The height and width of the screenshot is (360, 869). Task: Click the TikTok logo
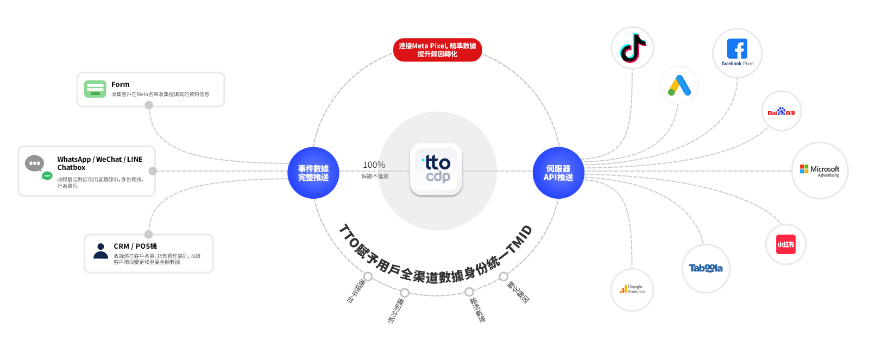(x=632, y=48)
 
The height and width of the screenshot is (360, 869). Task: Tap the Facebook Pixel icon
(x=737, y=49)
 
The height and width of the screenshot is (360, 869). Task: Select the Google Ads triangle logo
(x=679, y=85)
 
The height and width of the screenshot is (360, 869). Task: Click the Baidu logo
(x=781, y=112)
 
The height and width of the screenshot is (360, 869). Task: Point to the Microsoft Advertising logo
(x=819, y=170)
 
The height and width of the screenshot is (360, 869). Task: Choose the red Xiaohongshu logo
(x=785, y=244)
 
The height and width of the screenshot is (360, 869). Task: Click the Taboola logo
(x=706, y=268)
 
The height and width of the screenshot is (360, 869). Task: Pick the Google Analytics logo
(x=632, y=289)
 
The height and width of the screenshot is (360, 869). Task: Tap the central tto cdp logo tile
(x=436, y=169)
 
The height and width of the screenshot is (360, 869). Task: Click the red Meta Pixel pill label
(x=437, y=50)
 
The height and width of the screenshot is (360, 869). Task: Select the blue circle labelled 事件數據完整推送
(x=313, y=173)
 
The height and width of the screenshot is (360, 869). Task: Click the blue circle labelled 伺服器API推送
(x=558, y=173)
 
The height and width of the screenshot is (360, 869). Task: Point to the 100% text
(x=374, y=165)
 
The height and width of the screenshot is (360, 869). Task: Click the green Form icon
(x=95, y=89)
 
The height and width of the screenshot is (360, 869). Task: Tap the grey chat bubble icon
(x=35, y=163)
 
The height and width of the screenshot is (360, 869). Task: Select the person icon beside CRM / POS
(x=100, y=251)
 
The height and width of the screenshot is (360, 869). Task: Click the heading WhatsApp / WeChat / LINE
(x=100, y=159)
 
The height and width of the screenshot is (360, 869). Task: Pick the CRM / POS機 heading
(x=135, y=246)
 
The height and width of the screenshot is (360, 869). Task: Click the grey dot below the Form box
(x=149, y=105)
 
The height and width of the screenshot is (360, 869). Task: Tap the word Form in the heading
(x=121, y=84)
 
